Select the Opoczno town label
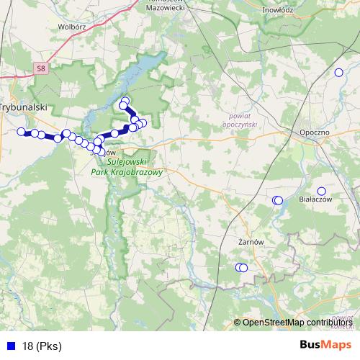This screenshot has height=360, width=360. pos(314,133)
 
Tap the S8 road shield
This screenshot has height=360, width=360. pos(41,69)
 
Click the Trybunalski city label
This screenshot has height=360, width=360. pos(23,106)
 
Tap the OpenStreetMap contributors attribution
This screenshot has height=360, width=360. pos(297,322)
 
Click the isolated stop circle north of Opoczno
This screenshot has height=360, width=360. pos(338,72)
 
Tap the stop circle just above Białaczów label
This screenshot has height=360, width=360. pos(321,192)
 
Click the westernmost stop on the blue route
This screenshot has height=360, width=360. pos(21,132)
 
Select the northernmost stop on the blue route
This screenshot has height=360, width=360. pos(125,102)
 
